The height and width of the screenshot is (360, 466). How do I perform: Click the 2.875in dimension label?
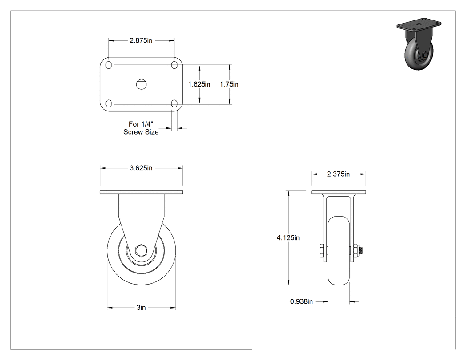click(141, 40)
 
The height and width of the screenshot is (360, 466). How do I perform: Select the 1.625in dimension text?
click(199, 84)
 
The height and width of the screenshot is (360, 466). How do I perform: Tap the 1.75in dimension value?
click(229, 84)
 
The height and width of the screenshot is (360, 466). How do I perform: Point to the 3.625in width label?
click(141, 168)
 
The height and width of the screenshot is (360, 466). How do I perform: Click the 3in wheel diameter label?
click(141, 307)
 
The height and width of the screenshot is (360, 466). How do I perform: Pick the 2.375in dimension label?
click(338, 174)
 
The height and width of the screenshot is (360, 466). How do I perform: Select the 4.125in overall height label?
click(288, 237)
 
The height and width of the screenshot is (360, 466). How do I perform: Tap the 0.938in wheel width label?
click(301, 301)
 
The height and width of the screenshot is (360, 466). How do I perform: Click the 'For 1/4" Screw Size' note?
click(141, 128)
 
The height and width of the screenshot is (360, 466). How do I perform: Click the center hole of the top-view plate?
click(142, 84)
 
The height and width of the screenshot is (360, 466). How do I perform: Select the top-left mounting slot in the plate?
click(109, 65)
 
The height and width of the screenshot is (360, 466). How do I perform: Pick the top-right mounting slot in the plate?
click(174, 65)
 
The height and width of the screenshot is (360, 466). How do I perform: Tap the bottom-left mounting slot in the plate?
click(109, 103)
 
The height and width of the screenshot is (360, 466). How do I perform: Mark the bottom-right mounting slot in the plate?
click(174, 103)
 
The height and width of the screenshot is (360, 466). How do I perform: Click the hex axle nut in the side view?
click(141, 250)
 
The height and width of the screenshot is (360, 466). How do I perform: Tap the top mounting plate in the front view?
click(339, 192)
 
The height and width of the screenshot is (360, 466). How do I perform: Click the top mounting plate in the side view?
click(141, 192)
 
